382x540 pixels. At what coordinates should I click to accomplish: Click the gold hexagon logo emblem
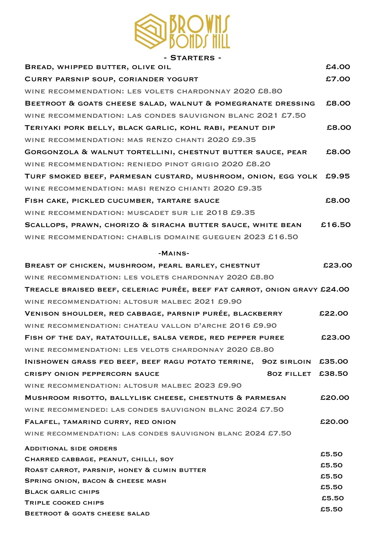pyautogui.click(x=150, y=31)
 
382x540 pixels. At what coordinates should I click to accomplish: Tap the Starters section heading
pyautogui.click(x=193, y=58)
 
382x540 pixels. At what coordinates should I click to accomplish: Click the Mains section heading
pyautogui.click(x=174, y=253)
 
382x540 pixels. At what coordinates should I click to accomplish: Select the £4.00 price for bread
pyautogui.click(x=338, y=67)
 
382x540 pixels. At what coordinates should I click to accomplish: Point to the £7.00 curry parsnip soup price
pyautogui.click(x=338, y=79)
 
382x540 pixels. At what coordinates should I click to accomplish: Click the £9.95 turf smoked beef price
pyautogui.click(x=337, y=176)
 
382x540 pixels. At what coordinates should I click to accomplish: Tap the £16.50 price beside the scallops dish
pyautogui.click(x=336, y=225)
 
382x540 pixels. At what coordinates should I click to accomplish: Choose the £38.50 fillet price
pyautogui.click(x=333, y=373)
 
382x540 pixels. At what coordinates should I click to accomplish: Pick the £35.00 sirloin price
pyautogui.click(x=333, y=361)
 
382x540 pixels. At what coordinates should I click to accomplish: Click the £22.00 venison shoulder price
pyautogui.click(x=334, y=313)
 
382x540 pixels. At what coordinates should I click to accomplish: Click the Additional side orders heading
pyautogui.click(x=71, y=448)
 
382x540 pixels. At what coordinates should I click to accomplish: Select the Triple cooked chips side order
pyautogui.click(x=64, y=503)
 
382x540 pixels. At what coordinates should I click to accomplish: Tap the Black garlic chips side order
pyautogui.click(x=62, y=492)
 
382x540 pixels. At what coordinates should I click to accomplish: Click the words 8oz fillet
pyautogui.click(x=289, y=374)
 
